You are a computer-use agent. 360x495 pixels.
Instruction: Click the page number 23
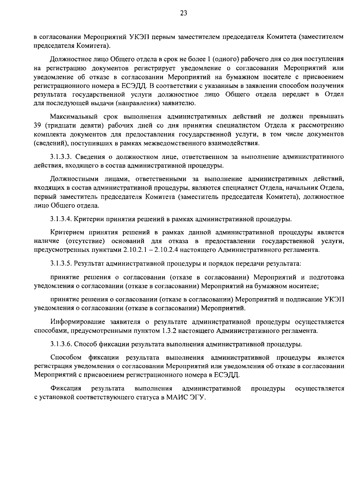tap(184, 13)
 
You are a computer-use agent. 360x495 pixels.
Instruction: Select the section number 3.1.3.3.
tap(61, 157)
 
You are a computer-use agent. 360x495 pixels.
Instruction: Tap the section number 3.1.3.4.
tap(61, 219)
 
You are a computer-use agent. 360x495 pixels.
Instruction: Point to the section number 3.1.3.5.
tap(61, 264)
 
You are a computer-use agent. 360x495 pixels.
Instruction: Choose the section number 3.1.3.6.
tap(61, 344)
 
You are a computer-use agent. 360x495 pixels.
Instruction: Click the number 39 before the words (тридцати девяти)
tap(38, 125)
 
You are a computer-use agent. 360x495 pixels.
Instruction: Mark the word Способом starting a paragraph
tap(66, 358)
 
